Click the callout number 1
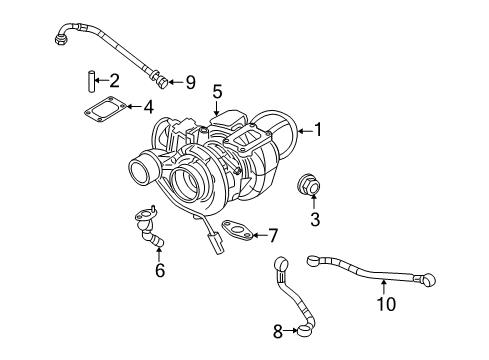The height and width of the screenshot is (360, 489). point(319,128)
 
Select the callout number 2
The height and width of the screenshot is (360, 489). point(115,80)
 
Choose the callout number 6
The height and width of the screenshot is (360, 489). point(158,269)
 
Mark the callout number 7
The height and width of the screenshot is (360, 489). point(270,235)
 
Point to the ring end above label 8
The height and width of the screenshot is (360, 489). point(280,264)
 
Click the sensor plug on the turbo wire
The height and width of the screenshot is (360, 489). point(216,244)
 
